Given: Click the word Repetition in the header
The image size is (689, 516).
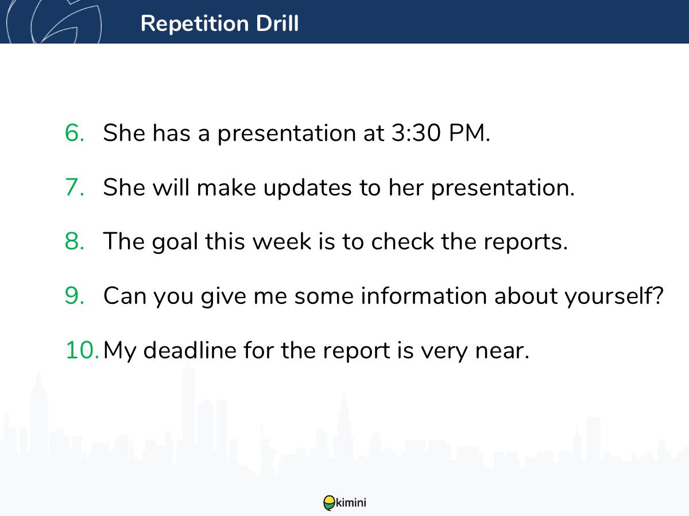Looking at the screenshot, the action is point(195,24).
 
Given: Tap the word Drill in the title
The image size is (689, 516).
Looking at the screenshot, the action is point(277,23).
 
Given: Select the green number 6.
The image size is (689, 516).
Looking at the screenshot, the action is point(75,133).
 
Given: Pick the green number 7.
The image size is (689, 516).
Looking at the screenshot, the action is point(75,187).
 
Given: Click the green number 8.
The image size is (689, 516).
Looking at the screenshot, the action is point(75,241).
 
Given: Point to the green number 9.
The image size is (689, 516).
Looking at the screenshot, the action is point(75,296).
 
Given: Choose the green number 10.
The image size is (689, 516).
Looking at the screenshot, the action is point(82,350).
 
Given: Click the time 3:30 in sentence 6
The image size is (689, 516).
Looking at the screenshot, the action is point(416,133).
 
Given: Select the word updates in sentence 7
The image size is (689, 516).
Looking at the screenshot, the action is point(307,188).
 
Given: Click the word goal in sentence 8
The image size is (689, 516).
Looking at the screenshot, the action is point(175,242).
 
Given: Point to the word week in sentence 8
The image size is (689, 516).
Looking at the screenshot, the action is point(281,241).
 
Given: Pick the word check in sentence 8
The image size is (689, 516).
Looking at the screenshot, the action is point(402,241).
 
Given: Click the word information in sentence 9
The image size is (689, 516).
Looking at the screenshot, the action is point(424,295).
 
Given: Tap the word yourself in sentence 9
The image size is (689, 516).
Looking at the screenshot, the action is point(610,296).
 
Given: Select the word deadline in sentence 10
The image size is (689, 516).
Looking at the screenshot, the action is point(189,350).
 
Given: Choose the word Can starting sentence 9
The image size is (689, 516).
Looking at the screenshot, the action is point(125,296).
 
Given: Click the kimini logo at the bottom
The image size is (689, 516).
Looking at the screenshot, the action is point(344,503).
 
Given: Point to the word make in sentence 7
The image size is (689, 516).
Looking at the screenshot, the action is point(226,187).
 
